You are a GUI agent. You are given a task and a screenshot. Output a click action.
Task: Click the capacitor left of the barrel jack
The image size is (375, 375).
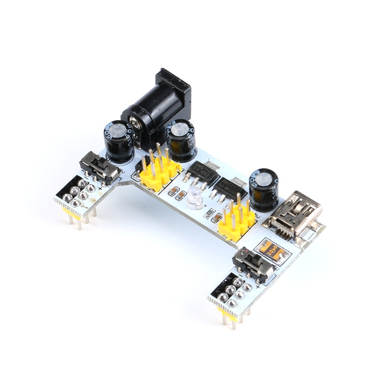point(119,141)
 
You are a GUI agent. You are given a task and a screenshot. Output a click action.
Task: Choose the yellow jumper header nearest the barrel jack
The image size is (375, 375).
point(158,172)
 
